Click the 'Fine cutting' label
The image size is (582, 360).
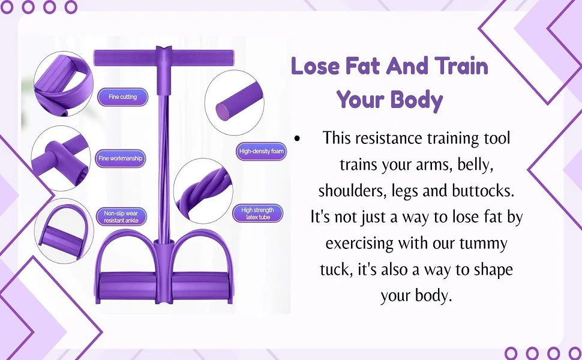point(123,97)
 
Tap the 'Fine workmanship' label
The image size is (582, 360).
point(120,158)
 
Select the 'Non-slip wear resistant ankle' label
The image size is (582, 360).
point(121,217)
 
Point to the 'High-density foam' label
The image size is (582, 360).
point(262,151)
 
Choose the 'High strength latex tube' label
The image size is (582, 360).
point(257,214)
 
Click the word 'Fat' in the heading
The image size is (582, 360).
point(362,67)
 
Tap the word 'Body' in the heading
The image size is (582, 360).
point(417,100)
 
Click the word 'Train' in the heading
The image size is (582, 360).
point(461,67)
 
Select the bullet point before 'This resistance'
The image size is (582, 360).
point(296,139)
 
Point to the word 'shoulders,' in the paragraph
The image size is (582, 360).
point(347,191)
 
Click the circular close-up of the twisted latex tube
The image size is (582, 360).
point(203,191)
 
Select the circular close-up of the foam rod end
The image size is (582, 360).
point(235,103)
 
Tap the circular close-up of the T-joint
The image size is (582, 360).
point(61,158)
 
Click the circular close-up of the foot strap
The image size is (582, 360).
point(64,231)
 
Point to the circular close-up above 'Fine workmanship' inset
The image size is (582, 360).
point(64,84)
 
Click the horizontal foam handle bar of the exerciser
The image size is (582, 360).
point(164,58)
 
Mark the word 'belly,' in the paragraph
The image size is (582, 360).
point(475,165)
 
